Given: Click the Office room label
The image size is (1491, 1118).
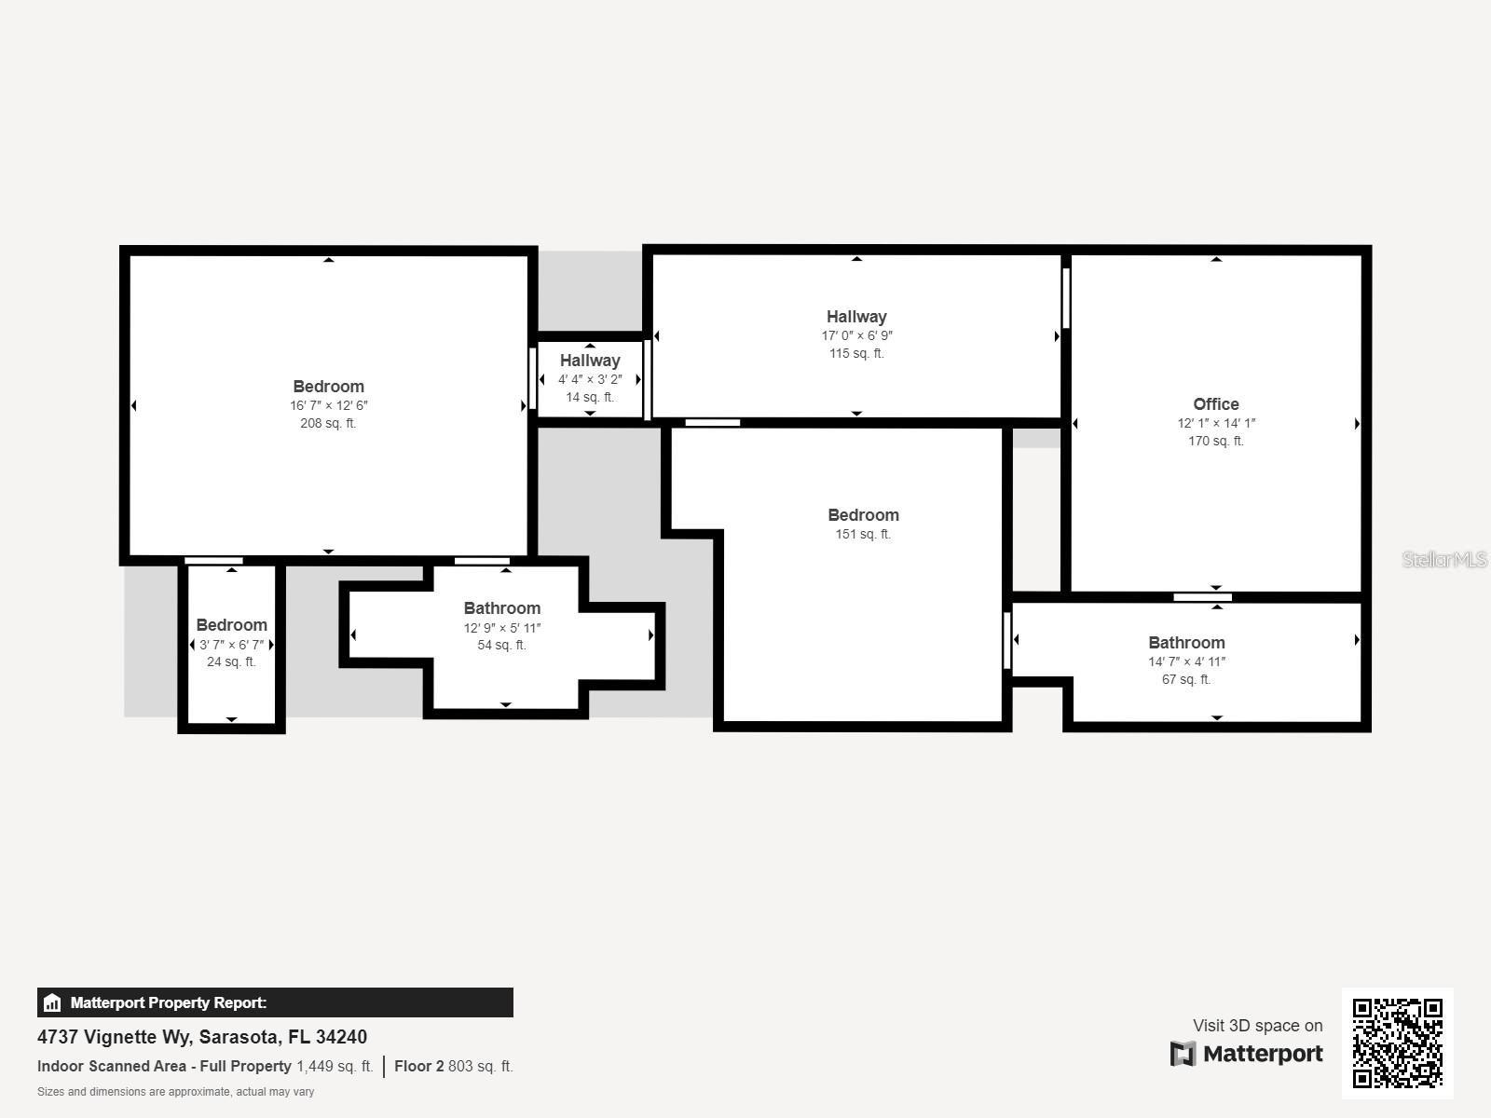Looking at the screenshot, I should click(x=1215, y=403).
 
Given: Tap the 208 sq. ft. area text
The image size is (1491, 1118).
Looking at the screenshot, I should click(x=328, y=423).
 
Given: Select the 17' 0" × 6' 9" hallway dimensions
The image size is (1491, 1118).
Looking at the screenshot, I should click(x=856, y=335).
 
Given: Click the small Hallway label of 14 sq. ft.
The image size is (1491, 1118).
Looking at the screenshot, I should click(x=590, y=361).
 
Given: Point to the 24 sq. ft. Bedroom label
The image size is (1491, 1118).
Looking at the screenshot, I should click(x=231, y=625).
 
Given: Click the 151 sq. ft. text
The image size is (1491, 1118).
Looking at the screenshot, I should click(x=863, y=534).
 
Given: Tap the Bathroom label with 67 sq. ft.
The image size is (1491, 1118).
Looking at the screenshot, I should click(x=1186, y=643).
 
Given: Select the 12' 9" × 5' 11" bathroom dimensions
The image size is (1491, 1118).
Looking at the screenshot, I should click(x=501, y=628).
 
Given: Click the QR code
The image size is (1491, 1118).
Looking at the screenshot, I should click(x=1397, y=1043).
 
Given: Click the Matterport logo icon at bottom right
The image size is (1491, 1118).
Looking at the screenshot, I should click(x=1183, y=1054).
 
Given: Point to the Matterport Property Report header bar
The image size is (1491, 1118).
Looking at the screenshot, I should click(x=275, y=1002).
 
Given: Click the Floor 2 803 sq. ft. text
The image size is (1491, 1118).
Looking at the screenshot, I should click(x=454, y=1066).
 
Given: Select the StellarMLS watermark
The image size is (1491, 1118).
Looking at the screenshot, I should click(x=1444, y=559).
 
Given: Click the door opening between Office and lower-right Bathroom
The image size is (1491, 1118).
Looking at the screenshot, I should click(x=1202, y=597).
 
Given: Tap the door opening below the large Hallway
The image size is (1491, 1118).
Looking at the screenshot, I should click(x=713, y=423).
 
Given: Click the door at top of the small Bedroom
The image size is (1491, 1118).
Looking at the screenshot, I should click(x=213, y=561).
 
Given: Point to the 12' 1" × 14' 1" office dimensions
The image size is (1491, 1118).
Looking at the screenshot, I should click(x=1215, y=423).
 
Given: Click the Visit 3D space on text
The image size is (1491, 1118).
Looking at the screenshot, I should click(x=1257, y=1026).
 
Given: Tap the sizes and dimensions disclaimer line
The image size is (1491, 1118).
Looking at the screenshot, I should click(x=175, y=1092).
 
